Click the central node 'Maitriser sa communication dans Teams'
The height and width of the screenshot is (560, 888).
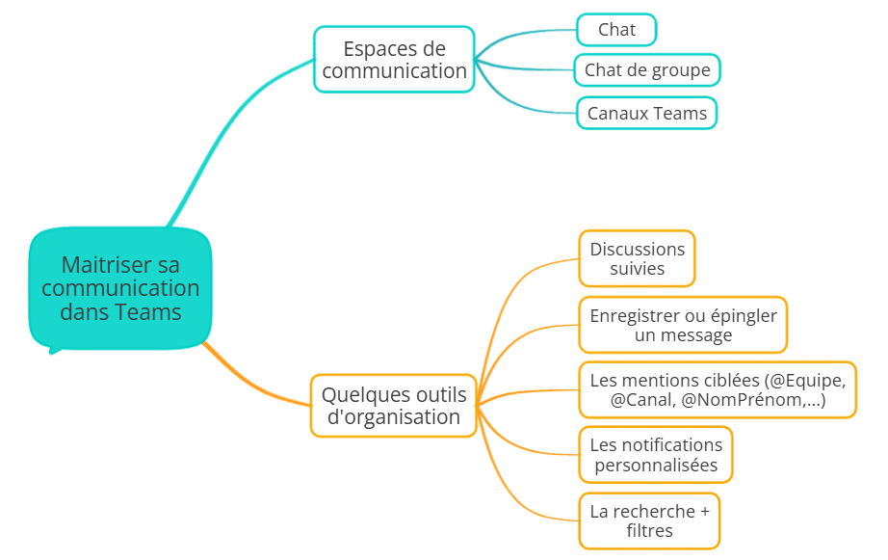120,287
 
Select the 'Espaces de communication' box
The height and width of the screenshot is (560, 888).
394,60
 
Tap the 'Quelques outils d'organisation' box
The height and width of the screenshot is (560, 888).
393,406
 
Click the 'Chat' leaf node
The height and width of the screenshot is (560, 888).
616,30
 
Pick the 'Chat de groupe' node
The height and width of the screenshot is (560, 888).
647,70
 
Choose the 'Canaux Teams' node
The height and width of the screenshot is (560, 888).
647,114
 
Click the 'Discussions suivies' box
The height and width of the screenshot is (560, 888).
637,258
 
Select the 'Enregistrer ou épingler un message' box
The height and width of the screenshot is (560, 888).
683,325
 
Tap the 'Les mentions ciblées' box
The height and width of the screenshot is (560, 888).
718,389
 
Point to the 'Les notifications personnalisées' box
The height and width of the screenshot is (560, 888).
656,455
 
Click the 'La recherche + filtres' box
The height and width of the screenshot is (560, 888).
649,520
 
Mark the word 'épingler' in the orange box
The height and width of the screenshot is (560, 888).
743,315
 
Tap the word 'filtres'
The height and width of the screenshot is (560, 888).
649,531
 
